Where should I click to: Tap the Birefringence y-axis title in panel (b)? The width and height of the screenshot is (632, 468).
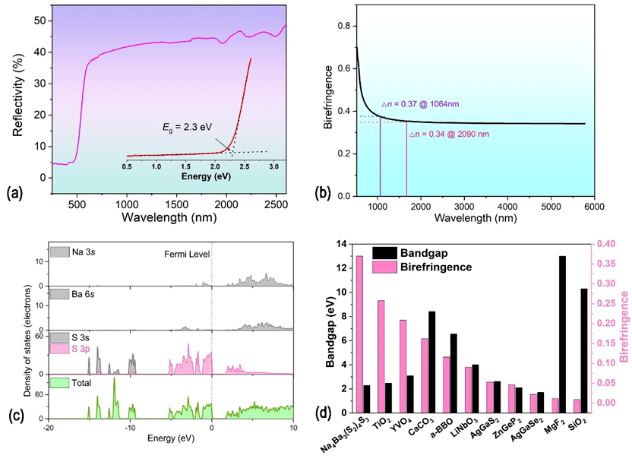pos(329,96)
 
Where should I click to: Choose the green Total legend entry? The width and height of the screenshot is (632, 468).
pos(75,383)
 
